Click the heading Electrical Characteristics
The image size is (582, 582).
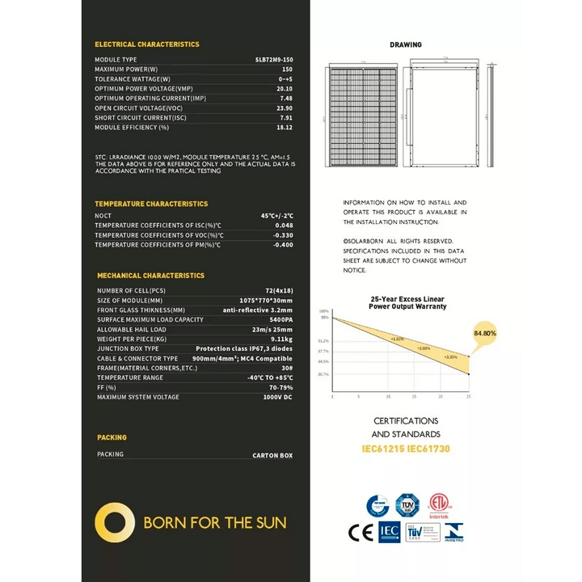click(x=147, y=44)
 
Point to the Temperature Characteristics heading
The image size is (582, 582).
click(x=151, y=204)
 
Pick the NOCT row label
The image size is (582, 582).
click(x=104, y=216)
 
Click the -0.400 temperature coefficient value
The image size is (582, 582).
click(x=282, y=244)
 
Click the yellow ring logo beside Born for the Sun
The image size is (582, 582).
click(x=114, y=523)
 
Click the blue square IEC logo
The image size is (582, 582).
click(x=389, y=533)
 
